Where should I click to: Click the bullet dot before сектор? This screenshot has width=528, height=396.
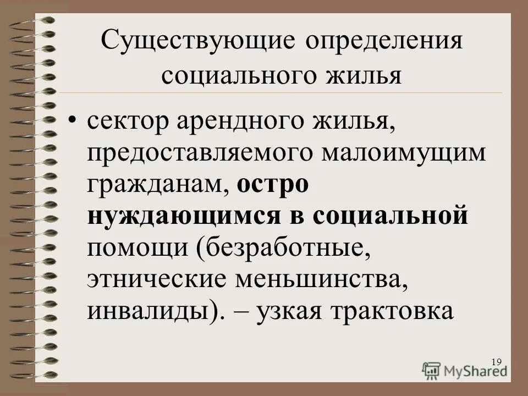pyautogui.click(x=72, y=122)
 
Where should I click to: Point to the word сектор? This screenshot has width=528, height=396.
pyautogui.click(x=127, y=122)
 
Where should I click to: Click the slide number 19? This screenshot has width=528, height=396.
pyautogui.click(x=496, y=361)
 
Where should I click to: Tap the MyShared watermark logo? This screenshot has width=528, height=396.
pyautogui.click(x=465, y=370)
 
